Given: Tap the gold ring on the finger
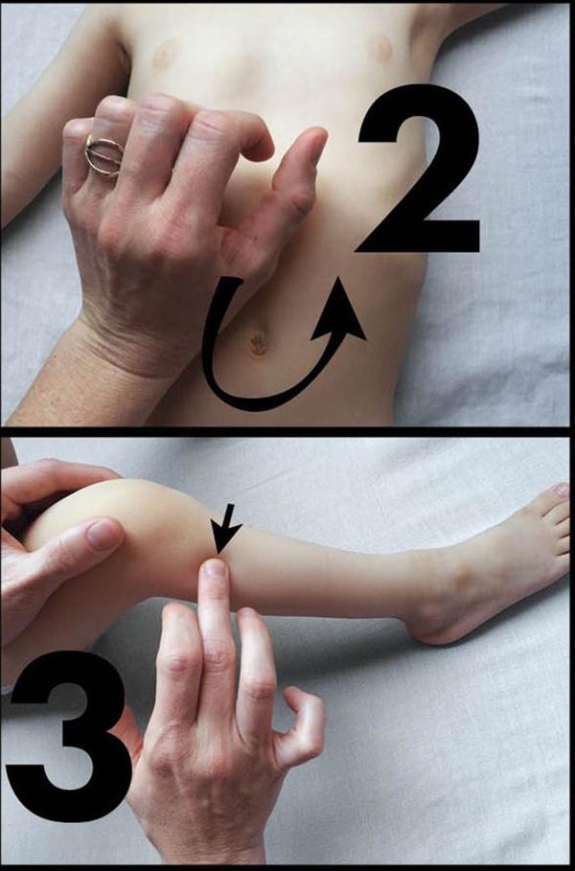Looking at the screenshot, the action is [104, 155].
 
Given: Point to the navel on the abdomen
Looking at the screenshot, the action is [258, 343].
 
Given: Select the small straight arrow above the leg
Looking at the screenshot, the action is [225, 528].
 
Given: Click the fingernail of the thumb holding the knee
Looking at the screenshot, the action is [103, 535].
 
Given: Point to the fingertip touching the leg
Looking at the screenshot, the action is [215, 570].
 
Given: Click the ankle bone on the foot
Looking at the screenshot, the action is [459, 578].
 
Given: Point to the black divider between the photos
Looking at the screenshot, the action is [287, 431].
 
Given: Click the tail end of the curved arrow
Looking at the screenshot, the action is [233, 282].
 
